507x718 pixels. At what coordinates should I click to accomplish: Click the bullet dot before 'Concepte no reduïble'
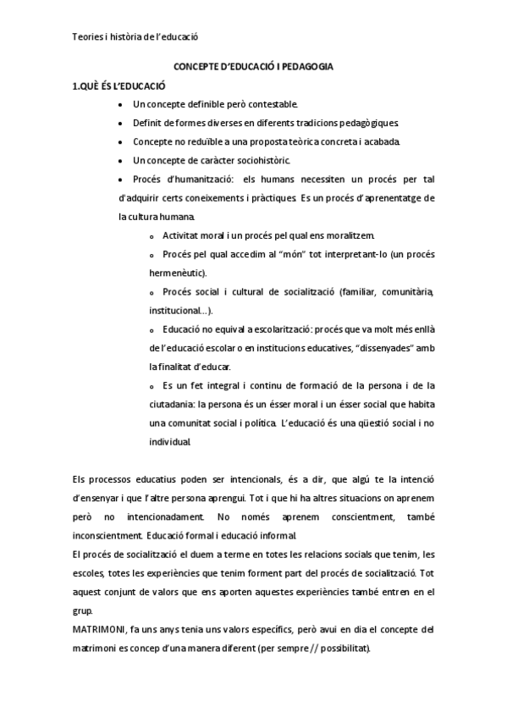(x=123, y=141)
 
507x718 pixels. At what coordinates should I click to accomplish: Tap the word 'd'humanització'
(x=199, y=179)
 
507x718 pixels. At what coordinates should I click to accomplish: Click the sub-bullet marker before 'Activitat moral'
(x=152, y=235)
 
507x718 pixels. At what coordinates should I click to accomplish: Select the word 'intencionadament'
(x=162, y=516)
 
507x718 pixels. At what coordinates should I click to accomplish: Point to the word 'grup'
(x=81, y=610)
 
